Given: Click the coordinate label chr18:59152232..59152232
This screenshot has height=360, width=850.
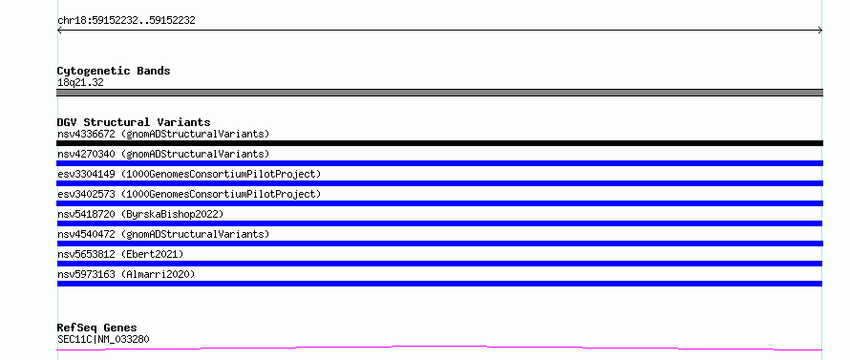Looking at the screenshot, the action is [x=126, y=21].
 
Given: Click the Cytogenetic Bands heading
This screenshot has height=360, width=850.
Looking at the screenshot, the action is [x=114, y=71].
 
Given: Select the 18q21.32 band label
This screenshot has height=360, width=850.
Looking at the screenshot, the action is [x=80, y=83].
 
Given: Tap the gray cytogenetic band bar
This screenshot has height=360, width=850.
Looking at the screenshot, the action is [x=439, y=93].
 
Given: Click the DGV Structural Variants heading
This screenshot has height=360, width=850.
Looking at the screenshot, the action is [x=134, y=122].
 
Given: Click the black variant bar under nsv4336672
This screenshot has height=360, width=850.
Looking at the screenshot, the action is [x=439, y=143].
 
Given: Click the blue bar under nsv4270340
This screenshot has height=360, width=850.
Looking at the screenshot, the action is [x=439, y=163].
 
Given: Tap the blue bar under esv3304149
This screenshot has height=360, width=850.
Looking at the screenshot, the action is [x=439, y=183].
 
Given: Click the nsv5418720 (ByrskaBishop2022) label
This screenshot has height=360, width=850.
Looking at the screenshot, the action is [x=140, y=214].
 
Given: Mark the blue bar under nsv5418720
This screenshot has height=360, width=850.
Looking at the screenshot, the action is [x=439, y=223].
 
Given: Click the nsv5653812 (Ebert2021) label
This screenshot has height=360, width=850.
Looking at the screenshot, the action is [x=120, y=254].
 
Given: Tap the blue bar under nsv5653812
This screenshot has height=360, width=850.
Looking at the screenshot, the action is [x=439, y=264].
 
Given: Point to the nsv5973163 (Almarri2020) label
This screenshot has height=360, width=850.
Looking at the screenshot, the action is [x=126, y=274].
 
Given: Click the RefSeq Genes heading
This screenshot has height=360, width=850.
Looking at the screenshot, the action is [x=96, y=328].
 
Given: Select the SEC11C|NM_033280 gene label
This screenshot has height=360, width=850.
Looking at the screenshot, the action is [x=103, y=339].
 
